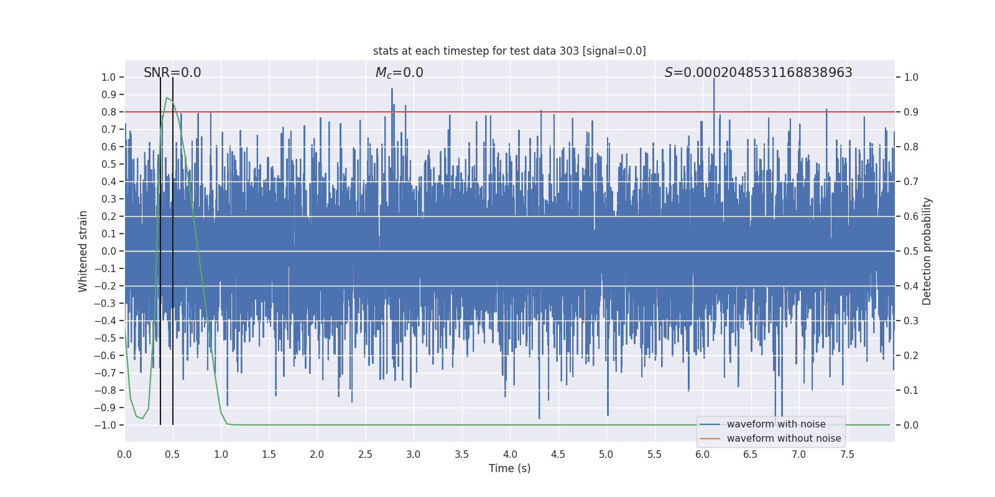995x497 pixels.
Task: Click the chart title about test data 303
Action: [x=509, y=51]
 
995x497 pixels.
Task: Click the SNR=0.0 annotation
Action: [x=172, y=73]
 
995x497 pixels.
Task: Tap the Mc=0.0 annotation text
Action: [x=399, y=73]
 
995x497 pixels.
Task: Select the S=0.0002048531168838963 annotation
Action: [x=758, y=73]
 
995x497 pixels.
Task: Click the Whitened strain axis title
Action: [x=83, y=251]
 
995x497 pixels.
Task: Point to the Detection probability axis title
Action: [x=927, y=251]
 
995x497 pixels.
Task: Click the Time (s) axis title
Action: [x=509, y=468]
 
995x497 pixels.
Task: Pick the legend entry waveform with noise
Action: [x=775, y=424]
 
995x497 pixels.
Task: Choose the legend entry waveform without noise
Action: [x=783, y=439]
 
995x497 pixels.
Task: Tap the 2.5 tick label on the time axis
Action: [x=365, y=455]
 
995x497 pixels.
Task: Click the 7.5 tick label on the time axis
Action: [x=847, y=455]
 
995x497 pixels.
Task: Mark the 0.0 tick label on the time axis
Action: [x=124, y=455]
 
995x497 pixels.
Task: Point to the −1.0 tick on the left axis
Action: [x=105, y=425]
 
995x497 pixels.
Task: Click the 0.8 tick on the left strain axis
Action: [x=109, y=112]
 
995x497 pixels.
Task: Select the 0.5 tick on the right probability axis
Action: [x=911, y=251]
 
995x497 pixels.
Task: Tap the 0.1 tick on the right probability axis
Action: [x=911, y=390]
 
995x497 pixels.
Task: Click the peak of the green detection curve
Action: [x=167, y=98]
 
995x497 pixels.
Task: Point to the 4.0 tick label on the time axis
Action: [x=510, y=455]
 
